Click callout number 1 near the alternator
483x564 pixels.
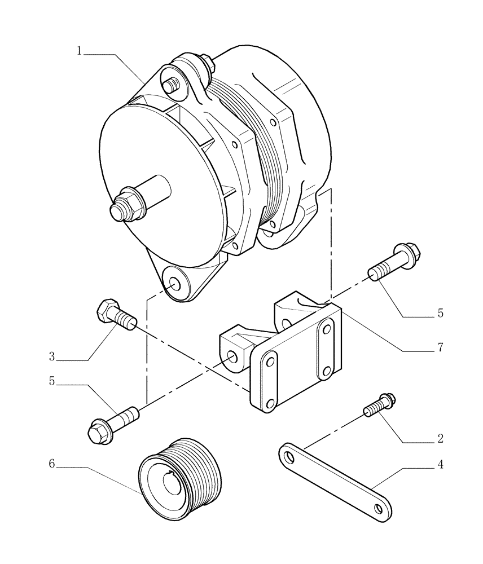point(80,51)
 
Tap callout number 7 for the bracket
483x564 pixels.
point(440,347)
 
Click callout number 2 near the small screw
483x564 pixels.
point(440,438)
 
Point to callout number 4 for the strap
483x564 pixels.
point(440,465)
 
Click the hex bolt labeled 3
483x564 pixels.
point(115,316)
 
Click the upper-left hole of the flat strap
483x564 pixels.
point(289,454)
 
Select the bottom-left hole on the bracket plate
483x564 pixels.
point(270,402)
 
